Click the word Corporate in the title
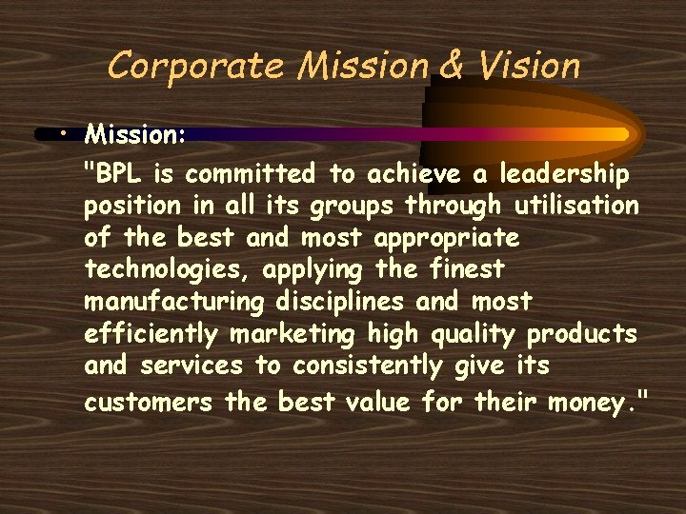click(195, 66)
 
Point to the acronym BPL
click(119, 174)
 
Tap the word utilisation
click(576, 206)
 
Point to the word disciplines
click(348, 302)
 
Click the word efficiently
click(150, 335)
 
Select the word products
click(582, 335)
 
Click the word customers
click(148, 402)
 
